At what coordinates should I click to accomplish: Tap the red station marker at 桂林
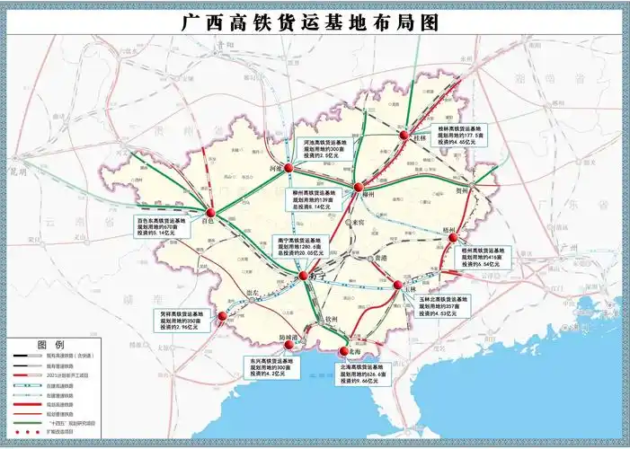pyautogui.click(x=404, y=136)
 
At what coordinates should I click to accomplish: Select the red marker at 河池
pyautogui.click(x=289, y=167)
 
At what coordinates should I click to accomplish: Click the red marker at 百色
pyautogui.click(x=210, y=213)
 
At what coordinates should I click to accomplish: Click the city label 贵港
pyautogui.click(x=381, y=258)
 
